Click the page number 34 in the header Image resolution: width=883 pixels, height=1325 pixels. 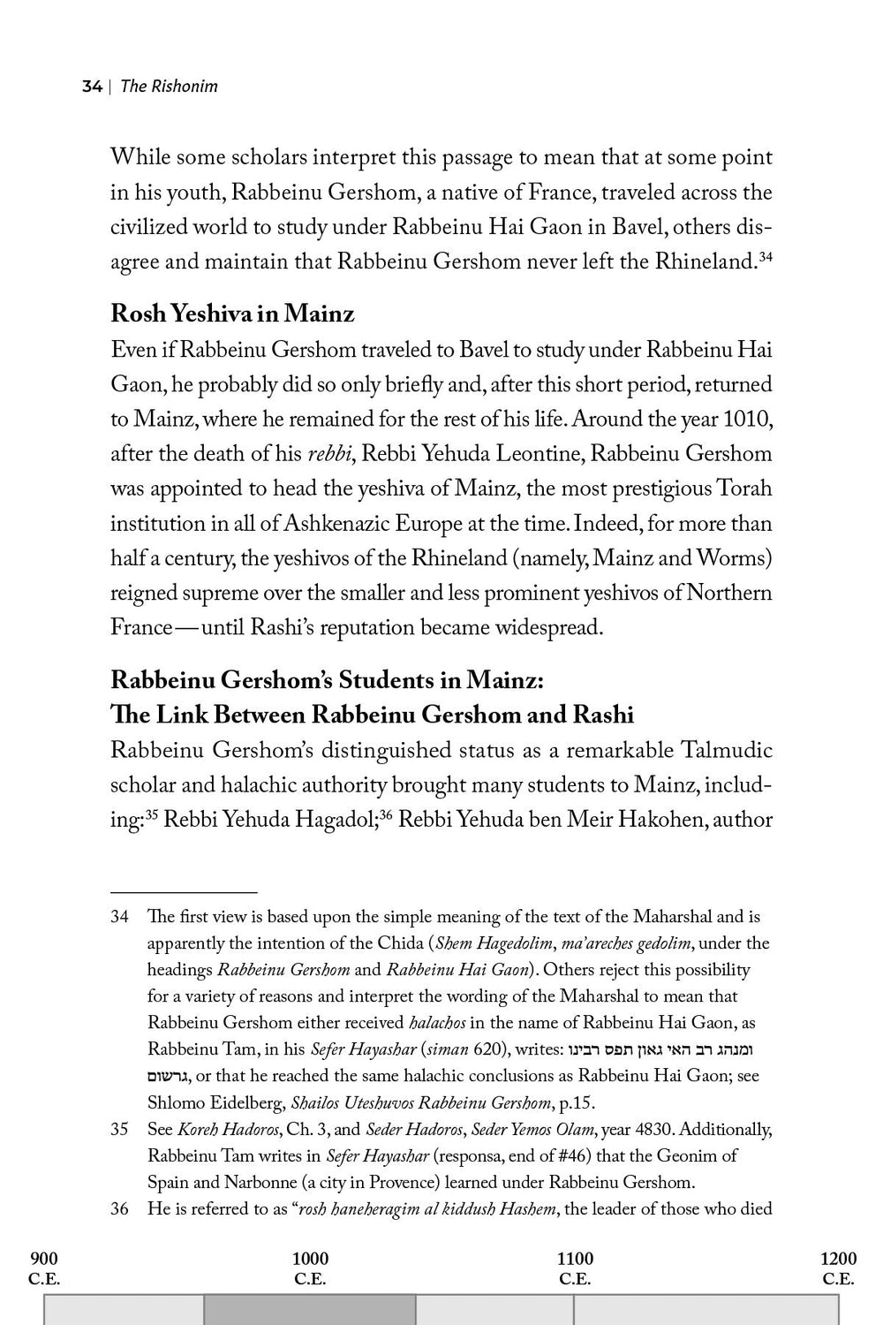[92, 87]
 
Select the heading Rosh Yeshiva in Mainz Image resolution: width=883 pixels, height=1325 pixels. [232, 314]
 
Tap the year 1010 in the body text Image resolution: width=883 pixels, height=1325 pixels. [747, 419]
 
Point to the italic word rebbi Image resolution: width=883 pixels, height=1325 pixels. [329, 454]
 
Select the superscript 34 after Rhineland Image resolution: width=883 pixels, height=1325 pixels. [766, 256]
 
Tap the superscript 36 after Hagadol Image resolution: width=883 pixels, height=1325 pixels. [385, 814]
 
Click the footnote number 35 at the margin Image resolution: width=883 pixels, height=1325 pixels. [119, 1130]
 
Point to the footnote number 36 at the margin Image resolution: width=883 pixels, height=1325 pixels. [119, 1209]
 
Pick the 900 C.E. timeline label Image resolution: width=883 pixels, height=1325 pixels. [44, 1268]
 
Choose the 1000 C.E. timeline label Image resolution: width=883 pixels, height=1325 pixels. [310, 1268]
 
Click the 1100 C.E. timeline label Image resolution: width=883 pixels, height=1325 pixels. [575, 1268]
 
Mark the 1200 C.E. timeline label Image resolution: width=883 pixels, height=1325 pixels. [838, 1268]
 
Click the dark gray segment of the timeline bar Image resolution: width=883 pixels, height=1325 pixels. [309, 1311]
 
